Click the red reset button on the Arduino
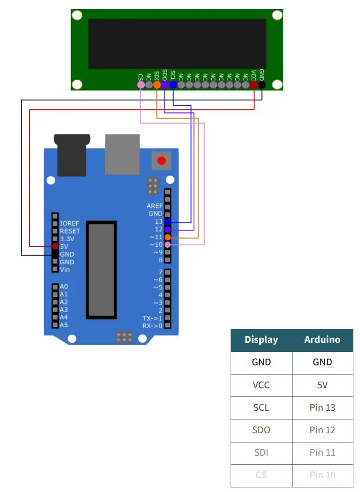[x=162, y=161]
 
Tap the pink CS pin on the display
[x=141, y=85]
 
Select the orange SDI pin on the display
[x=157, y=85]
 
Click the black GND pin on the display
[x=262, y=85]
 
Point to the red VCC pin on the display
[x=254, y=85]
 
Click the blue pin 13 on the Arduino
[x=168, y=222]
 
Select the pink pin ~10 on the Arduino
[x=168, y=245]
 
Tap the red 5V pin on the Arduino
[x=55, y=246]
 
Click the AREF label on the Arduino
[x=154, y=206]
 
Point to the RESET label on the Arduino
[x=70, y=231]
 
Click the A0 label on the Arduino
[x=64, y=287]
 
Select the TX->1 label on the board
[x=152, y=318]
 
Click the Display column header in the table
[x=261, y=340]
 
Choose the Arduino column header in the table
[x=322, y=340]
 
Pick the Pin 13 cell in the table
[x=322, y=408]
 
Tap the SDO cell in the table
[x=261, y=430]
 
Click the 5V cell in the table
[x=322, y=385]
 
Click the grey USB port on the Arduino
[x=122, y=154]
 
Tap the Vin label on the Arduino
[x=65, y=269]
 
